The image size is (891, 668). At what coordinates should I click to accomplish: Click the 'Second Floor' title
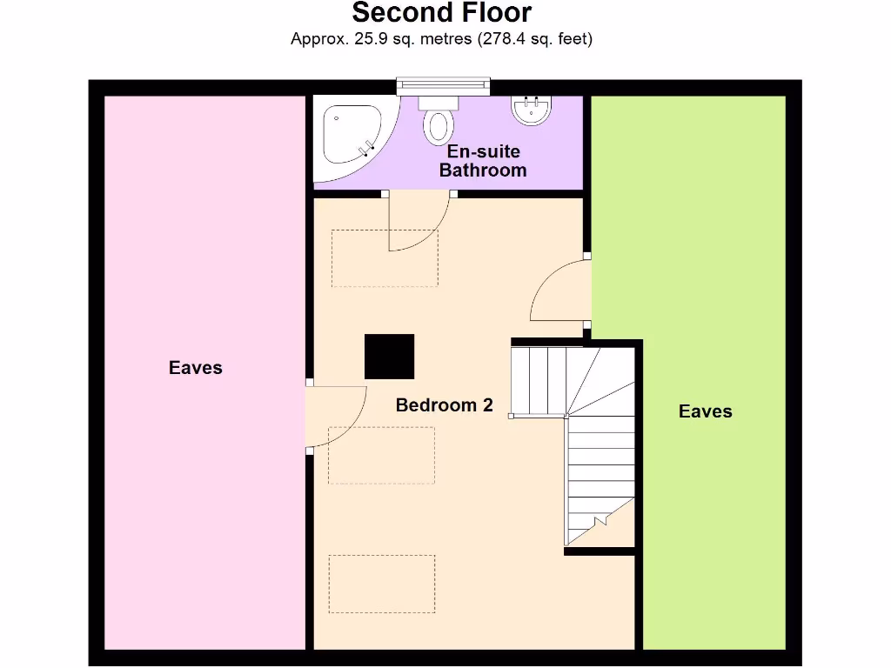click(441, 13)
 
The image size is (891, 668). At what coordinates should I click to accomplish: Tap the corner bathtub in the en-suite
click(351, 137)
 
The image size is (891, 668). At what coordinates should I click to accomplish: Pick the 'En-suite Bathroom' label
click(483, 161)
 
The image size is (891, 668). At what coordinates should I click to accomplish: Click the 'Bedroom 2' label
click(444, 405)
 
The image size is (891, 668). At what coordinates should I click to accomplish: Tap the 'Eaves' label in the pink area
click(196, 368)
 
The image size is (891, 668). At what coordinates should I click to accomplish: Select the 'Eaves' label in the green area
click(705, 411)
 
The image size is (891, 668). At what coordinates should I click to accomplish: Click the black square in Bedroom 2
click(389, 357)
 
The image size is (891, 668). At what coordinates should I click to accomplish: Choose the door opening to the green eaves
click(560, 291)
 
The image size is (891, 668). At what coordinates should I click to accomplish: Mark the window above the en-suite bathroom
click(443, 85)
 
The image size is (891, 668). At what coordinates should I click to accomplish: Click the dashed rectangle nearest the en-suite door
click(384, 257)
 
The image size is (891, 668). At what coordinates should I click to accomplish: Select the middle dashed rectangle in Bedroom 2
click(381, 455)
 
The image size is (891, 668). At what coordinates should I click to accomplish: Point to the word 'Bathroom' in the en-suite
click(483, 170)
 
